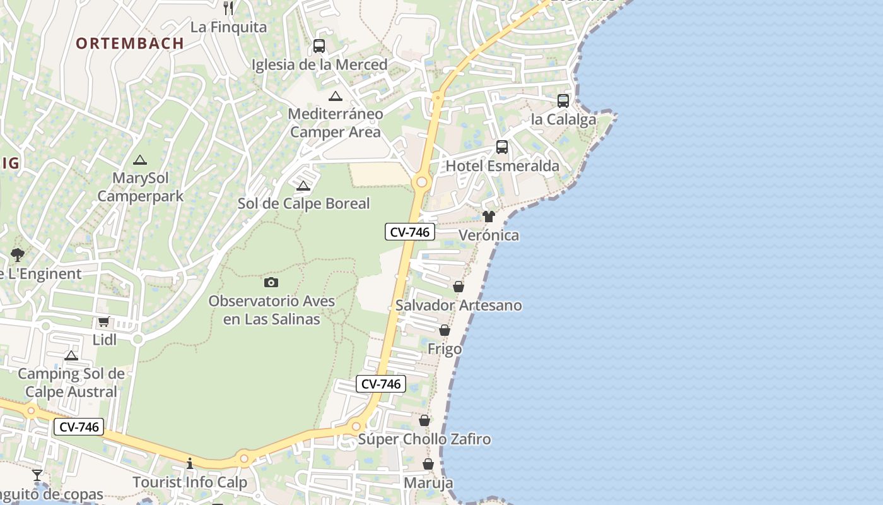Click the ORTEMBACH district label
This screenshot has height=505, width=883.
[130, 44]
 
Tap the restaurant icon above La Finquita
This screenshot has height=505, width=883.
[228, 8]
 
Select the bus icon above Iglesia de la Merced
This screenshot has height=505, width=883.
[319, 46]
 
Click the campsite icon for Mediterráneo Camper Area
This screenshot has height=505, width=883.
[335, 97]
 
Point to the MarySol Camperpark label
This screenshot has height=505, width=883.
[141, 187]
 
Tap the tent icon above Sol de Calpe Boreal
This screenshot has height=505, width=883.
[303, 186]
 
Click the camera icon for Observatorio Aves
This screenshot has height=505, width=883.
[271, 282]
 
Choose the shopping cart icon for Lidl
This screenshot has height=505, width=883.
[104, 322]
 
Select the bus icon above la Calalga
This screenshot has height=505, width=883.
[563, 101]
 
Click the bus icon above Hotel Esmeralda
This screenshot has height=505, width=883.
[502, 147]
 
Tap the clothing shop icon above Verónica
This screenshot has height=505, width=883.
[489, 217]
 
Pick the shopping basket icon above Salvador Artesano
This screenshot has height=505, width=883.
[459, 287]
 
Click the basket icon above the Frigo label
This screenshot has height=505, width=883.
[445, 330]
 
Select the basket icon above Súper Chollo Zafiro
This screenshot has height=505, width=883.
[424, 420]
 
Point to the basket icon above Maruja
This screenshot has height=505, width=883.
[428, 465]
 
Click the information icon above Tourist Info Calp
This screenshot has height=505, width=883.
[190, 464]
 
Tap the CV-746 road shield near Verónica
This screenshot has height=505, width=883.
[410, 232]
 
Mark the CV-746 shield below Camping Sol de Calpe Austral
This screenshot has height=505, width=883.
[79, 427]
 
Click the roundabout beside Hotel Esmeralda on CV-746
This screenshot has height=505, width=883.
[421, 182]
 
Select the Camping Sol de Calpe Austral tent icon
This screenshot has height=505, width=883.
[71, 356]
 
